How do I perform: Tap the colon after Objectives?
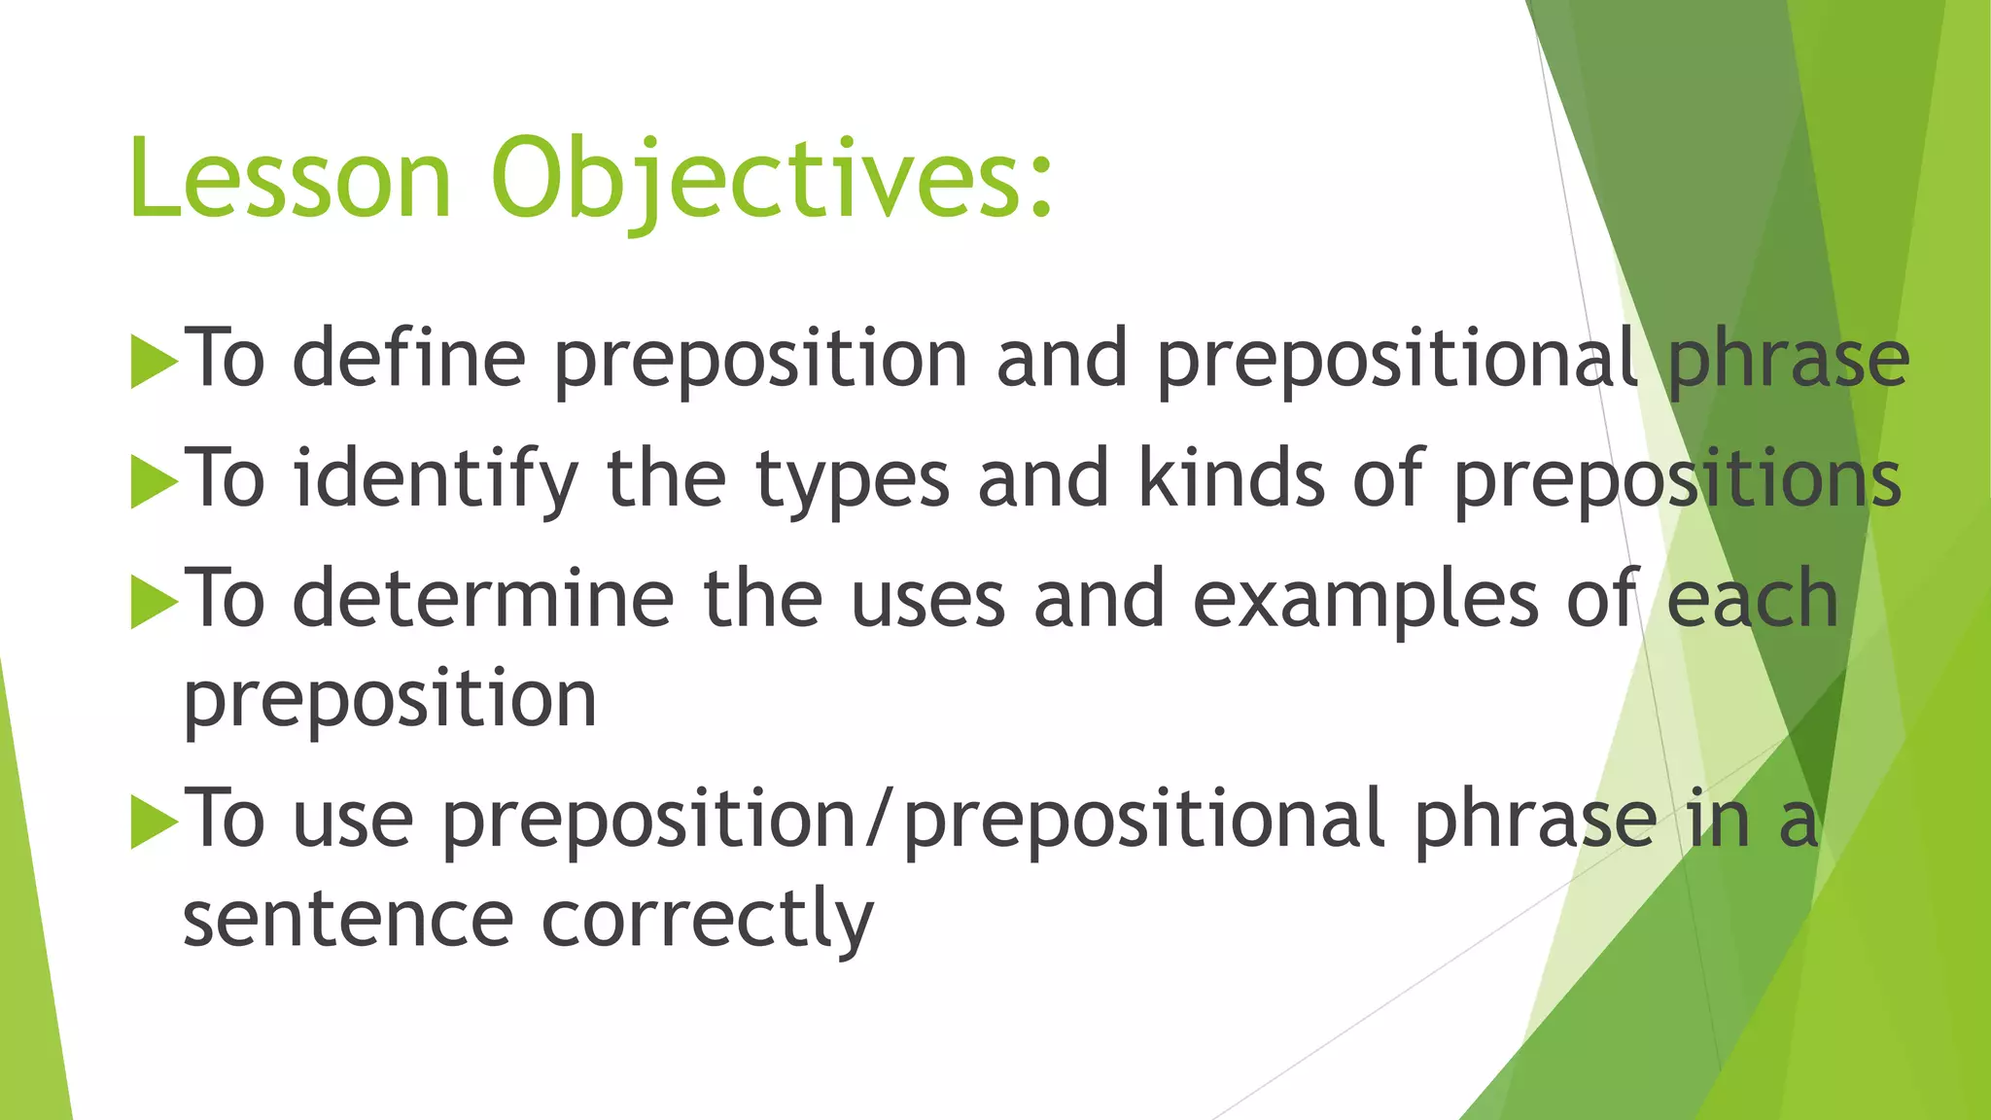(1040, 185)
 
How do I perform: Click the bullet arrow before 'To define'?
(154, 362)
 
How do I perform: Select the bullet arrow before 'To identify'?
(154, 481)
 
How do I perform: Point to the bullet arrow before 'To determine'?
(154, 602)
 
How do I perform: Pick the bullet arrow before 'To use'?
(154, 822)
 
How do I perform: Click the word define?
(408, 359)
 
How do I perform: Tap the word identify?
(436, 479)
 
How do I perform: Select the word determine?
(482, 600)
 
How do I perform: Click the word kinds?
(1231, 478)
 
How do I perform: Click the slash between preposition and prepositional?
(879, 820)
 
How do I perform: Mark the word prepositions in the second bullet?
(1677, 479)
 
